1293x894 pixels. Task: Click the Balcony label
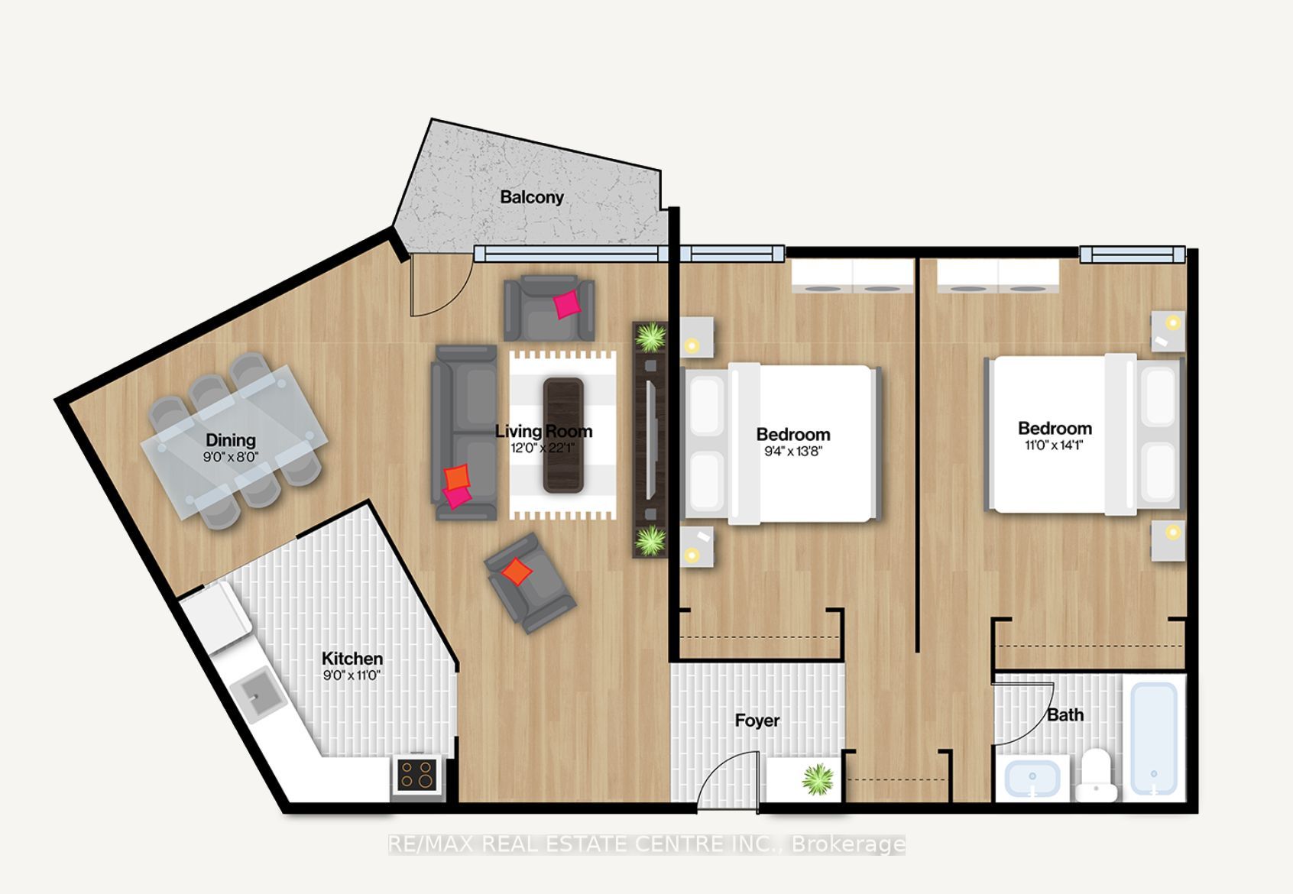532,197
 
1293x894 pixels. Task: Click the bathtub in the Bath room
1154,738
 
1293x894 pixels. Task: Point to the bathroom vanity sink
1032,778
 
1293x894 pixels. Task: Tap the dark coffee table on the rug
563,435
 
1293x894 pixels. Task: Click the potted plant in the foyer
818,779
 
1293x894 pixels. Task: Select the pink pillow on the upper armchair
567,304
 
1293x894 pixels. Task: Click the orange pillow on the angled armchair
517,572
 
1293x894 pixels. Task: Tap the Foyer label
757,721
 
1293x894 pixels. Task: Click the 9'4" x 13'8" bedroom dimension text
792,452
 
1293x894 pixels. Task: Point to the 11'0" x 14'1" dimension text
1055,445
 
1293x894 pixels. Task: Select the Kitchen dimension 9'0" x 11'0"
352,675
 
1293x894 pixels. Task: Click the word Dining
230,440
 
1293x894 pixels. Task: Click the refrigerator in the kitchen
216,617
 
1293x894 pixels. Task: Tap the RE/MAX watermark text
646,844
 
